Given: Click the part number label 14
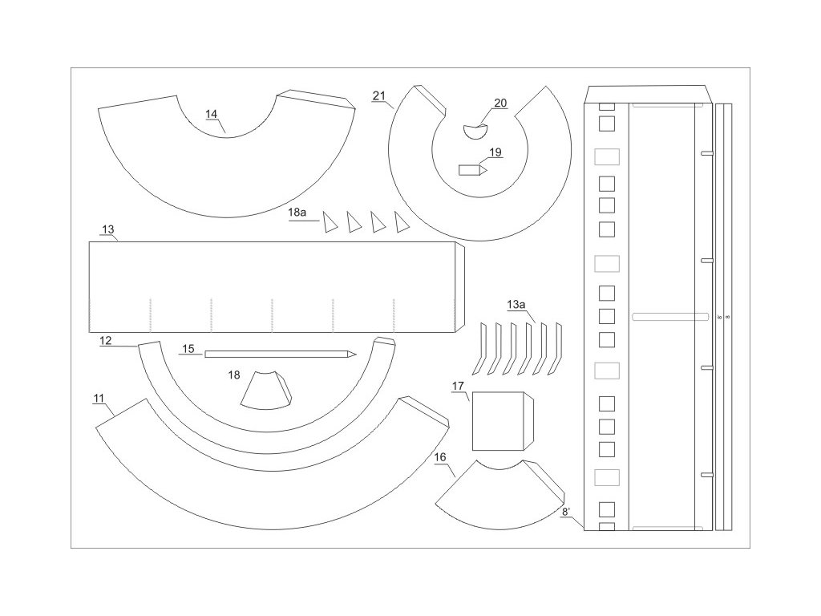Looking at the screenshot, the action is click(211, 114).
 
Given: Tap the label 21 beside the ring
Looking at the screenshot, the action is click(379, 96).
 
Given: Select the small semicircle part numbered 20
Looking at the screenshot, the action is click(476, 130).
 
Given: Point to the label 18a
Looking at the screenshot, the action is click(297, 213).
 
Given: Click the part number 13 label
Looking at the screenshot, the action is click(109, 229).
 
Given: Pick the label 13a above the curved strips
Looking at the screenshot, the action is click(517, 304).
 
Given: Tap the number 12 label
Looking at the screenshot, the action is click(106, 340).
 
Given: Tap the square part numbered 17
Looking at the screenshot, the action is click(497, 420).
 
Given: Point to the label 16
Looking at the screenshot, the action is click(440, 456).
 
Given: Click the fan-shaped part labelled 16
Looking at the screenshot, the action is click(493, 496).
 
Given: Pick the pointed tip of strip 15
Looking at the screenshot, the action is click(351, 354).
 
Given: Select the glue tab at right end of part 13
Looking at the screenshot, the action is click(460, 286).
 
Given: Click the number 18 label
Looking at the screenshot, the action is click(234, 374).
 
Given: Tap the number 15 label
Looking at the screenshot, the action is click(188, 348).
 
